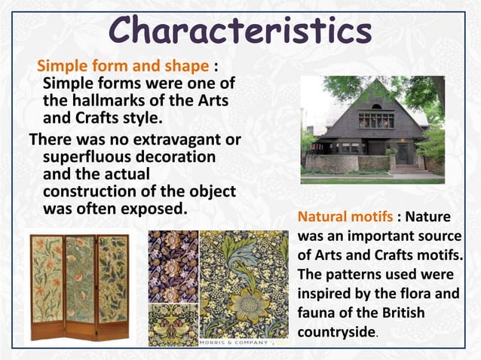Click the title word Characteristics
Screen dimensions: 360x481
pyautogui.click(x=240, y=31)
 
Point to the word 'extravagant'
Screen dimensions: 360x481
pyautogui.click(x=182, y=139)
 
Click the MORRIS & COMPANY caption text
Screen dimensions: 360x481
pyautogui.click(x=234, y=343)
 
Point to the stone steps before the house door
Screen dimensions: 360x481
pyautogui.click(x=405, y=169)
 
